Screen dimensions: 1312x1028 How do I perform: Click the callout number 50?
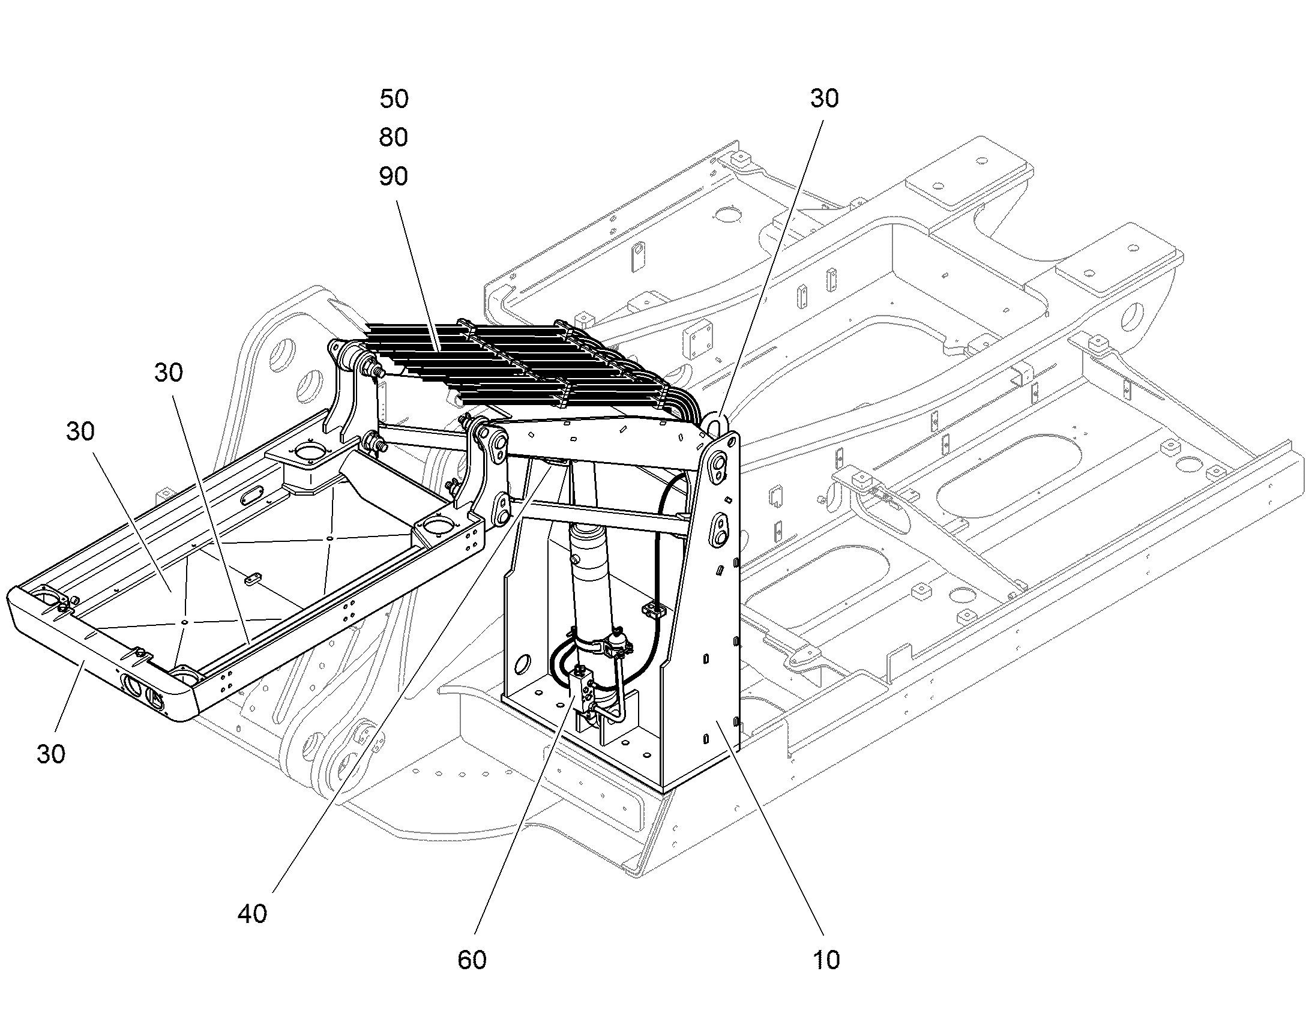(394, 98)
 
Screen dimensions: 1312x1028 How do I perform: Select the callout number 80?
(394, 138)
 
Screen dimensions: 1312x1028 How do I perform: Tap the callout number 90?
(394, 176)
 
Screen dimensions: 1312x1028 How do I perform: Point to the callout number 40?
(253, 913)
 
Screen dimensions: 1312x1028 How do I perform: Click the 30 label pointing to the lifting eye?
(825, 98)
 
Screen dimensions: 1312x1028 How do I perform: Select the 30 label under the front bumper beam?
(51, 754)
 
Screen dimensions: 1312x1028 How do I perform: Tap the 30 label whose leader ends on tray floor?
(80, 431)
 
